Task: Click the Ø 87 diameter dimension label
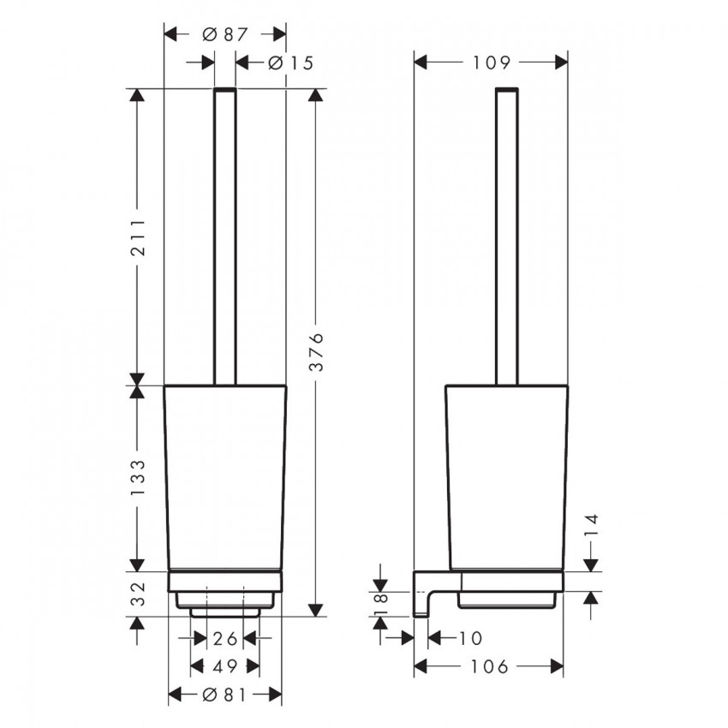pos(225,34)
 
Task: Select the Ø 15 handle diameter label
pos(291,63)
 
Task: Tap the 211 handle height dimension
pos(138,237)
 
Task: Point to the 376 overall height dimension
pos(316,352)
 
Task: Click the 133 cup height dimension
pos(138,478)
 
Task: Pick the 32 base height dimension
pos(138,594)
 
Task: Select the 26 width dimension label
pos(225,639)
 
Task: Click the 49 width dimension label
pos(225,666)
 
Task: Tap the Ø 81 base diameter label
pos(225,695)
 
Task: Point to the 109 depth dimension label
pos(492,63)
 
